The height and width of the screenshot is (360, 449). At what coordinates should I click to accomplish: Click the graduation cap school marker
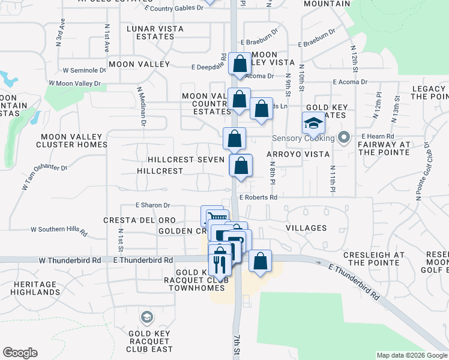pos(313,123)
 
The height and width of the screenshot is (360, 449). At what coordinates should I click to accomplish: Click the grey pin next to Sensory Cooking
pos(344,138)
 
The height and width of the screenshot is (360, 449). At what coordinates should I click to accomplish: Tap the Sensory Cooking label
pos(303,139)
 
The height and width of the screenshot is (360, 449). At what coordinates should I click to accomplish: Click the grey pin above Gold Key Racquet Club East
pos(146,317)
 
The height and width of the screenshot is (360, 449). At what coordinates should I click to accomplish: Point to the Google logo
pos(20,353)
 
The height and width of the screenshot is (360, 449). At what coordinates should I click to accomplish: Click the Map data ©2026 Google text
pos(411,355)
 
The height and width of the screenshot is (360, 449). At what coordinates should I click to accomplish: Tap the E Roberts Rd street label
pos(259,197)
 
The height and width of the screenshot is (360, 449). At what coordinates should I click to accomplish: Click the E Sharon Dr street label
pos(153,205)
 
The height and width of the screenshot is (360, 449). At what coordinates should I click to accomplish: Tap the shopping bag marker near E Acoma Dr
pos(240,65)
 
